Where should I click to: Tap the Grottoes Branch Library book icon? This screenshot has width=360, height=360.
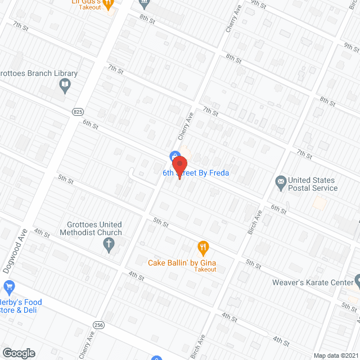(x=65, y=85)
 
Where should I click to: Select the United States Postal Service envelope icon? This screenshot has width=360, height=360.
(x=280, y=182)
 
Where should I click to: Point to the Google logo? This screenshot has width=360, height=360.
(x=18, y=353)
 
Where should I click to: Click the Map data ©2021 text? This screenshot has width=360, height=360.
(x=335, y=355)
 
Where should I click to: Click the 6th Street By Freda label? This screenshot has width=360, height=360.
(x=196, y=173)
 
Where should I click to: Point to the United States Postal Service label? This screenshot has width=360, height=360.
(x=313, y=184)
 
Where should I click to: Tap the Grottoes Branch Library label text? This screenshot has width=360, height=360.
(x=39, y=74)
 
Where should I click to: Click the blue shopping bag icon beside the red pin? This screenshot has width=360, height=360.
(x=174, y=155)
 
